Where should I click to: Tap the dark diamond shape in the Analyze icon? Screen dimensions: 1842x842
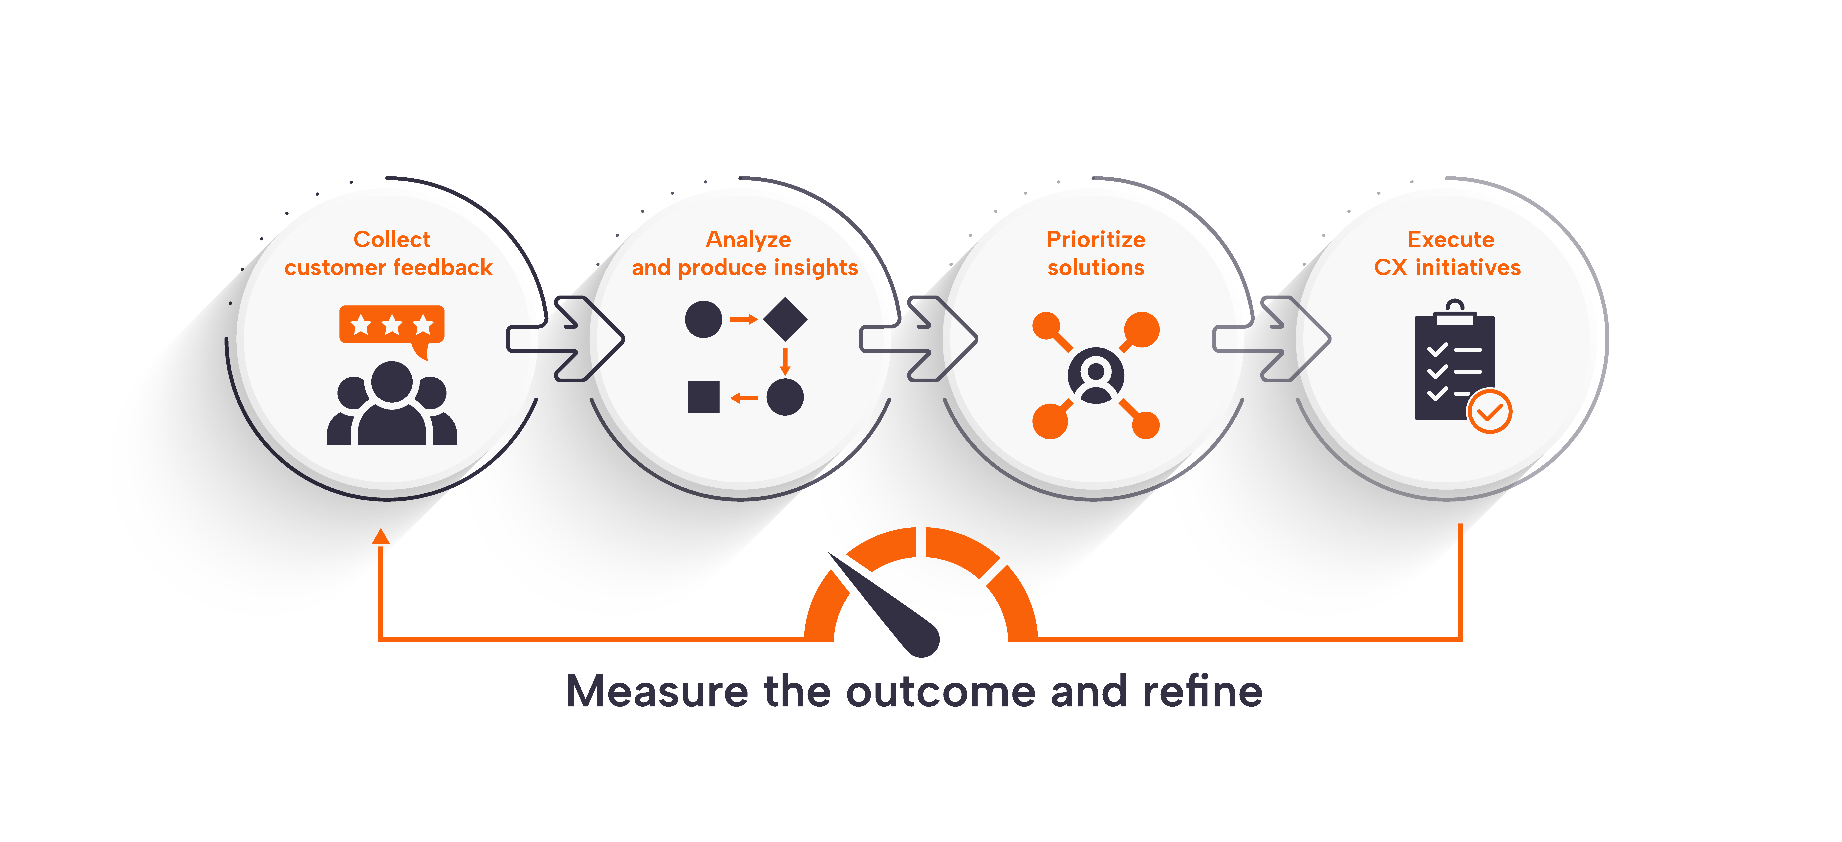[785, 319]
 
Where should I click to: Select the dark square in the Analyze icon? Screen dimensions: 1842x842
[703, 397]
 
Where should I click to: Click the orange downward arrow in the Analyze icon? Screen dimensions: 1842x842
[785, 361]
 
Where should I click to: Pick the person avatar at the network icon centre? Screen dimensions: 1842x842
[1095, 376]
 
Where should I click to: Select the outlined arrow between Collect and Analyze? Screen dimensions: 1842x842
[565, 338]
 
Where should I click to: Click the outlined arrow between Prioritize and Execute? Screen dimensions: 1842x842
[1271, 338]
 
